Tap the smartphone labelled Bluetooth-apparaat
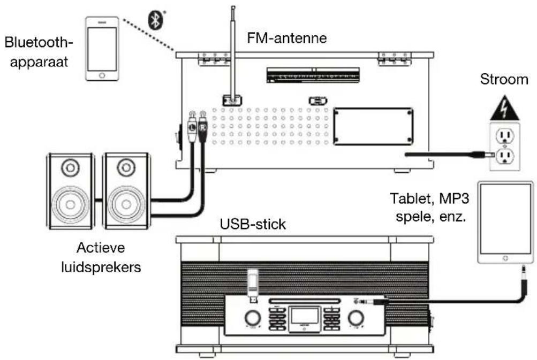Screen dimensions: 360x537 click(102, 49)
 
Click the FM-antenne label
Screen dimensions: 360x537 click(286, 39)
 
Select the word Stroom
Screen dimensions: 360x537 click(503, 80)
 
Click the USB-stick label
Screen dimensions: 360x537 click(253, 225)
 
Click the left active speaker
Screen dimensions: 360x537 click(70, 192)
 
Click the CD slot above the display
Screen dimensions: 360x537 click(304, 301)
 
